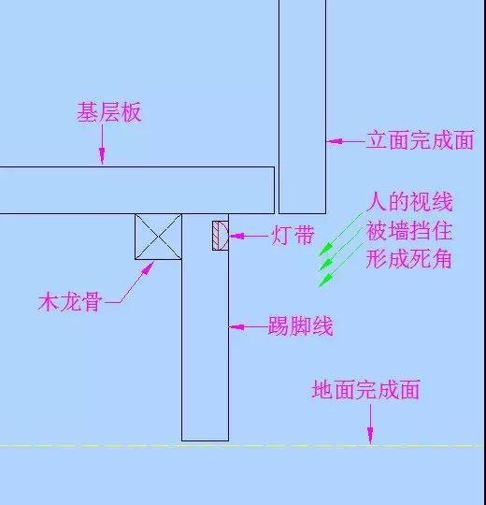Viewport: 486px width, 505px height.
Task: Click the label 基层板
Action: (109, 112)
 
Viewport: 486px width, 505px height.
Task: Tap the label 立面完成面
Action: (421, 140)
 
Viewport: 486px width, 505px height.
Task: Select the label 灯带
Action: (293, 235)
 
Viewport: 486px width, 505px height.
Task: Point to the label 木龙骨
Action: (70, 302)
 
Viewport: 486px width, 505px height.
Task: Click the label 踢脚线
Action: (301, 326)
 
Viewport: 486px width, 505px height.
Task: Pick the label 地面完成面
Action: (366, 389)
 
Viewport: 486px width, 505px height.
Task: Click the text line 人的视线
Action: (409, 202)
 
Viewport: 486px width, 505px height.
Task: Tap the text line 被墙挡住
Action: (409, 231)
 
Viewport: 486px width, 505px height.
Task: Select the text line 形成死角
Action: (409, 259)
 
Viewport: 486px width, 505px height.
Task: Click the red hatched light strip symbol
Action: (221, 236)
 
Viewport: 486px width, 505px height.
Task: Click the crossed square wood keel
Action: (158, 237)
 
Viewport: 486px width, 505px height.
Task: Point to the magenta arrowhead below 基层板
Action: (102, 155)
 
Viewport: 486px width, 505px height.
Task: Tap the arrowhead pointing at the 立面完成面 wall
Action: (334, 141)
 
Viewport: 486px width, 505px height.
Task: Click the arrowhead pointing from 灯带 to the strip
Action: (236, 236)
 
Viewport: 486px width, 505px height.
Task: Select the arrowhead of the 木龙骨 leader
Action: (148, 268)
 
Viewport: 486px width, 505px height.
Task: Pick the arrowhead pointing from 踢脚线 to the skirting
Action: (236, 327)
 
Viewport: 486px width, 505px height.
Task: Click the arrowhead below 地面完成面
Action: (370, 435)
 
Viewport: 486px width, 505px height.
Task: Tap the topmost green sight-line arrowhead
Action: (325, 250)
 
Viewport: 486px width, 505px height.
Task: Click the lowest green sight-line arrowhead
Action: (325, 280)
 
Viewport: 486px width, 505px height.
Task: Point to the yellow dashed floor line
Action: (242, 446)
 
